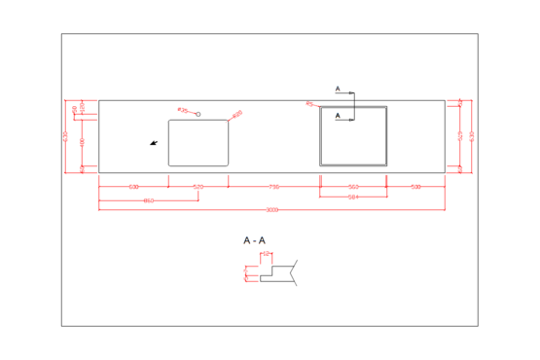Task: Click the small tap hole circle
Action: pyautogui.click(x=198, y=115)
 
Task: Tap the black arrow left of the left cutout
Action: pyautogui.click(x=154, y=143)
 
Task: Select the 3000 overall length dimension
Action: pyautogui.click(x=271, y=209)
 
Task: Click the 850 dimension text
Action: pyautogui.click(x=148, y=200)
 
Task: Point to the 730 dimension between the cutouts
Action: pyautogui.click(x=274, y=186)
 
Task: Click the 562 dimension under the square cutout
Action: pyautogui.click(x=354, y=186)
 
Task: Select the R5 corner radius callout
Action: pyautogui.click(x=309, y=103)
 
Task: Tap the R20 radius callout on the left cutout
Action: pyautogui.click(x=237, y=114)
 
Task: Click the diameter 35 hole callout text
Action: pyautogui.click(x=182, y=109)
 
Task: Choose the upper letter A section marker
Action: pyautogui.click(x=338, y=90)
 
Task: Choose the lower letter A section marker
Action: pyautogui.click(x=338, y=116)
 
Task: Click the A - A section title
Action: pyautogui.click(x=255, y=239)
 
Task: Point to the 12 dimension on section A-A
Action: pyautogui.click(x=266, y=254)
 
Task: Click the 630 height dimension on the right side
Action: pyautogui.click(x=472, y=136)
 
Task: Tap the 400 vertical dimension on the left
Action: pyautogui.click(x=82, y=142)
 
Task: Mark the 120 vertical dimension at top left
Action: pyautogui.click(x=82, y=105)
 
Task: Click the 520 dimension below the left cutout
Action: pyautogui.click(x=198, y=186)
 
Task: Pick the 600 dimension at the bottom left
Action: pyautogui.click(x=133, y=186)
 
